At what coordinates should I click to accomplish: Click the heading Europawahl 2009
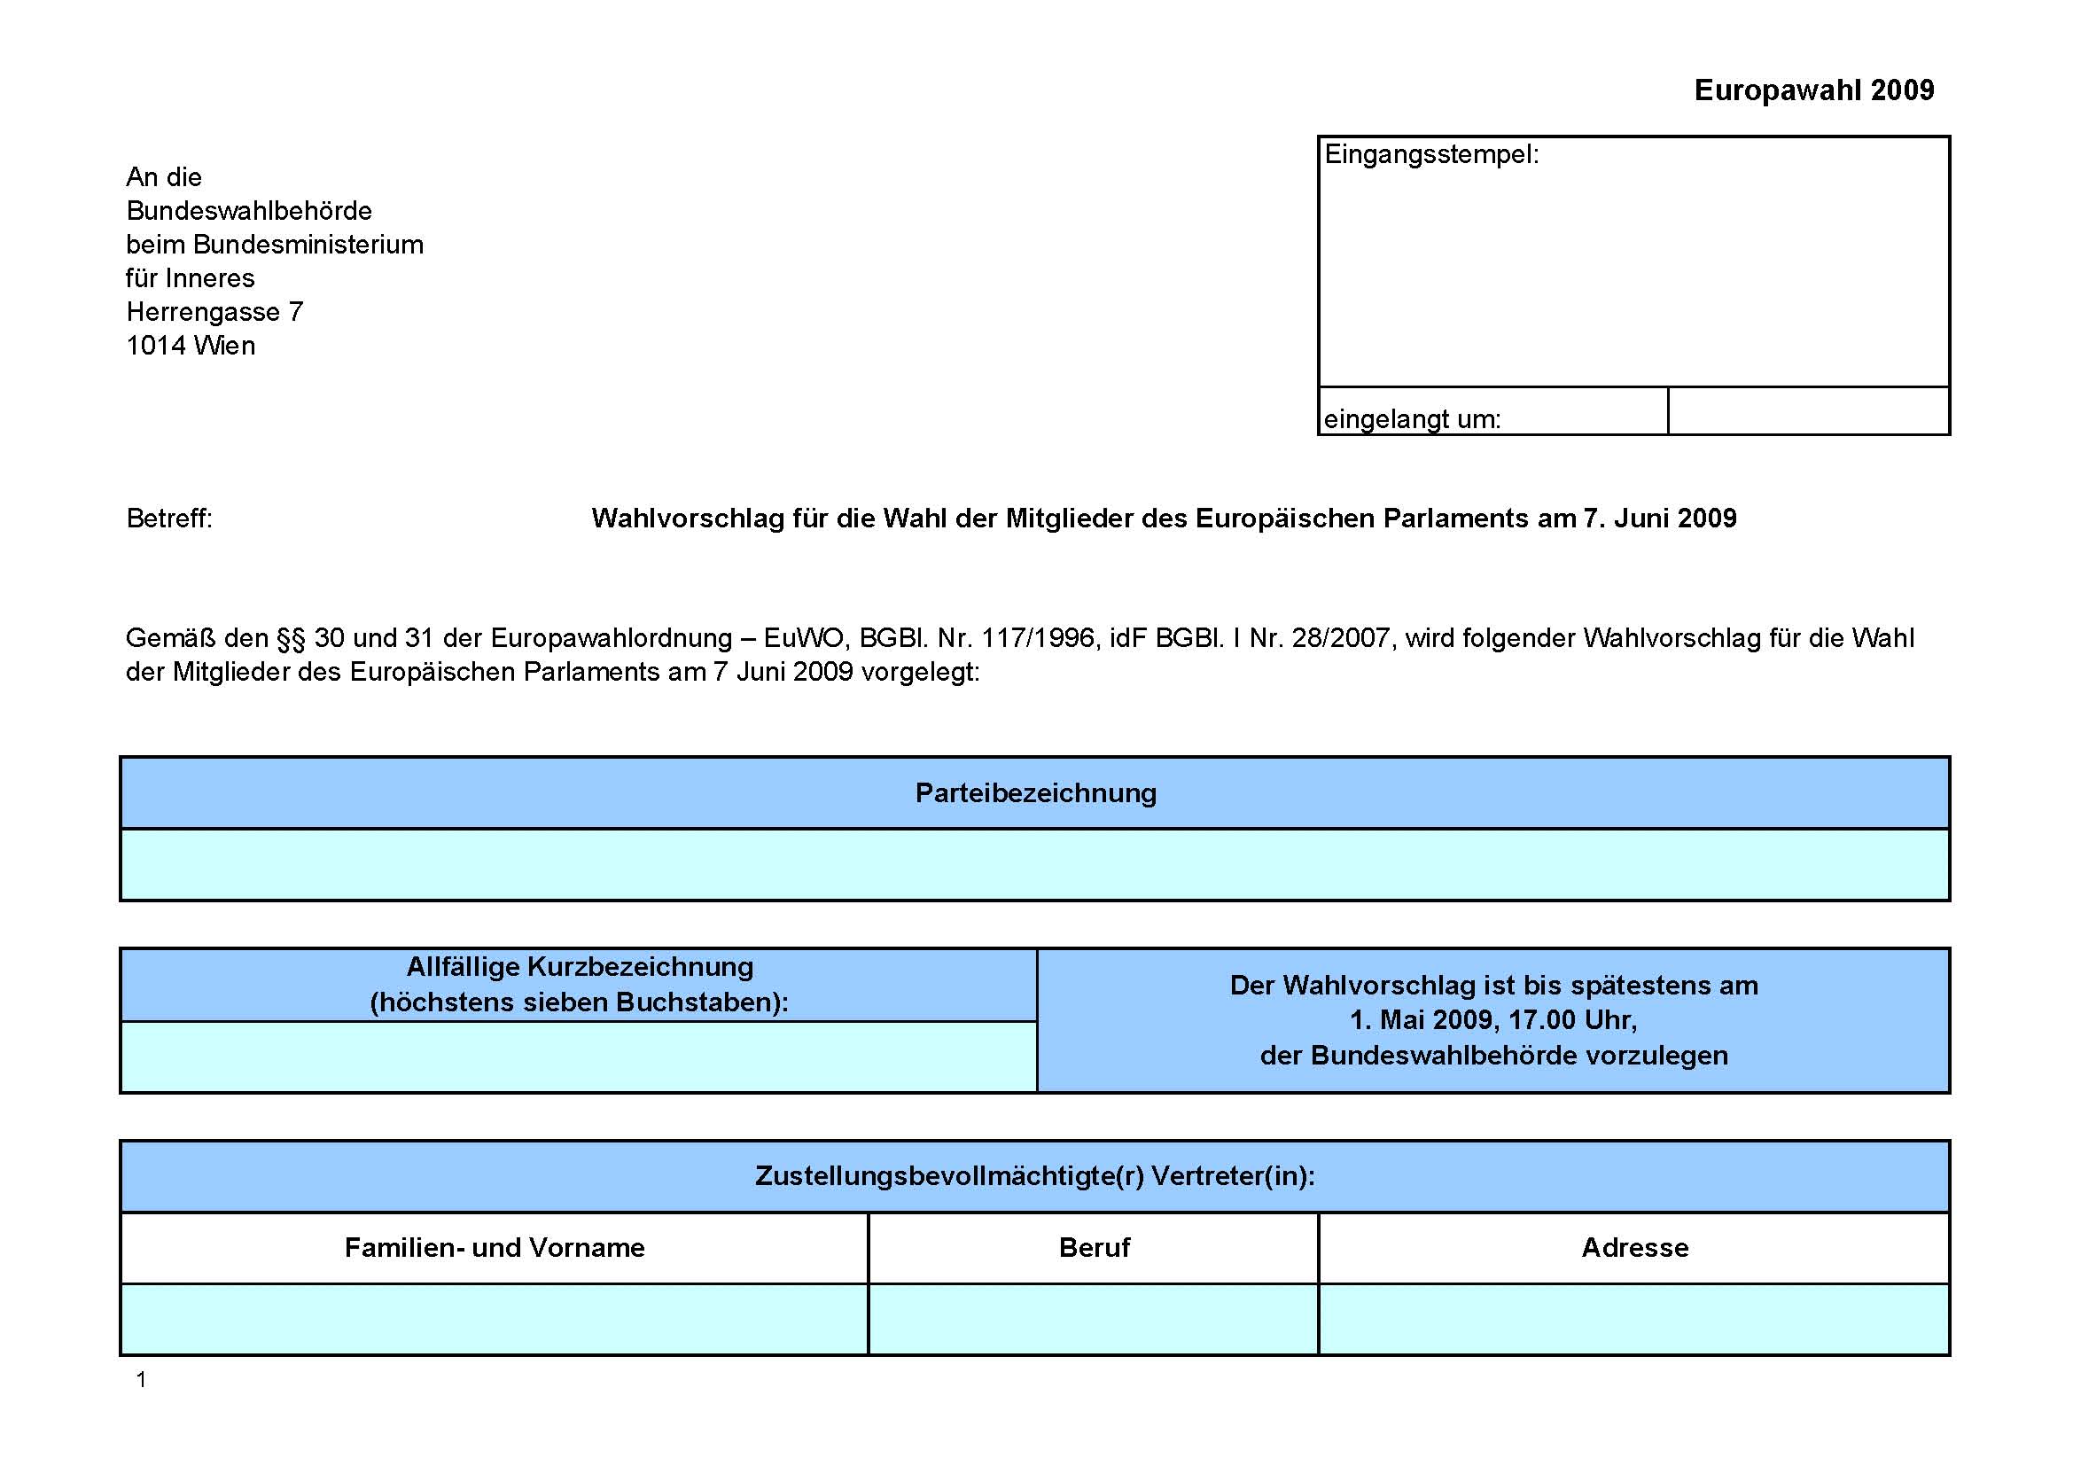[1814, 90]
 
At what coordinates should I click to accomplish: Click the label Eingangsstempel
[1431, 154]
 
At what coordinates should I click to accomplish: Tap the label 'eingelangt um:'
[1412, 419]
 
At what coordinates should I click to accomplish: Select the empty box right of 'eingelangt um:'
[1809, 410]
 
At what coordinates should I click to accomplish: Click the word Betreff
[169, 519]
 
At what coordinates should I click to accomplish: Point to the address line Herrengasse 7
[214, 311]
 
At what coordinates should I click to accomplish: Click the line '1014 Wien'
[191, 346]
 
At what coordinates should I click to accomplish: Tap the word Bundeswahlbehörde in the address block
[249, 210]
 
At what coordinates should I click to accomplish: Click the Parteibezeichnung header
[1035, 792]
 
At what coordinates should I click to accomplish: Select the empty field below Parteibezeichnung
[1034, 865]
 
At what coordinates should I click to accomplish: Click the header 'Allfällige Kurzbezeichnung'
[580, 967]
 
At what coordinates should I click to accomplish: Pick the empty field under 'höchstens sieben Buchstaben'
[579, 1057]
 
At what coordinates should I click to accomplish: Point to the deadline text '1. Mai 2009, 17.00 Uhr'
[1493, 1020]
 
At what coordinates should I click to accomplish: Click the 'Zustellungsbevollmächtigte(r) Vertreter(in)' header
[1034, 1175]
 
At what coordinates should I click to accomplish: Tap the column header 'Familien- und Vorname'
[495, 1248]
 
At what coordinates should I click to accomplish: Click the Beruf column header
[1095, 1248]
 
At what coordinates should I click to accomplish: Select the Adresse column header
[1635, 1248]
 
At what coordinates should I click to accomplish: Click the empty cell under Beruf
[1094, 1320]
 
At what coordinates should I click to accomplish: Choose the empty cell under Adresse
[1634, 1320]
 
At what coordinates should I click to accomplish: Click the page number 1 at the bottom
[141, 1379]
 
